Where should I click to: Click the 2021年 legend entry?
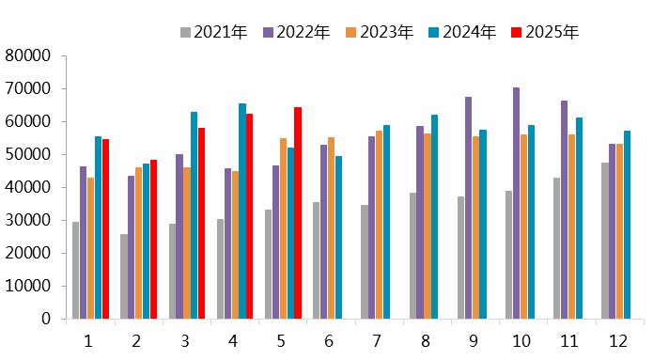pyautogui.click(x=213, y=33)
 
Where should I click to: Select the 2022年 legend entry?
pyautogui.click(x=296, y=33)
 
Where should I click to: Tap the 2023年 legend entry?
pyautogui.click(x=379, y=33)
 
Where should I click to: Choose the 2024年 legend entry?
pyautogui.click(x=461, y=33)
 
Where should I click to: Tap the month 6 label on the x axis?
pyautogui.click(x=330, y=339)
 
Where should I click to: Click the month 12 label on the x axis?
pyautogui.click(x=619, y=339)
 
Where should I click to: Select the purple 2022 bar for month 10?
pyautogui.click(x=516, y=203)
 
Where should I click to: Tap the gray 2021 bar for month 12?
pyautogui.click(x=604, y=241)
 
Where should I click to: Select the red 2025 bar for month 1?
pyautogui.click(x=105, y=228)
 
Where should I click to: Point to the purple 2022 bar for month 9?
pyautogui.click(x=468, y=208)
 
